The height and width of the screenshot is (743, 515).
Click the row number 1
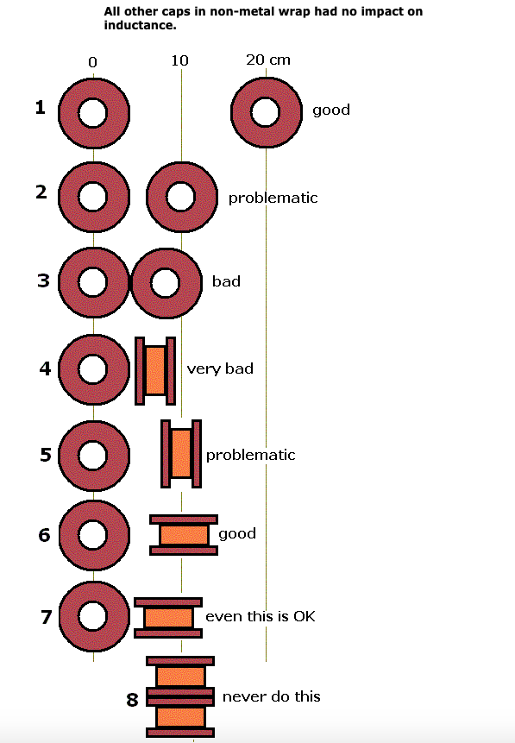pyautogui.click(x=41, y=108)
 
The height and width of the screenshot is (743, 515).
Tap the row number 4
pyautogui.click(x=45, y=368)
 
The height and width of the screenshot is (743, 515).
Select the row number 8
pyautogui.click(x=132, y=699)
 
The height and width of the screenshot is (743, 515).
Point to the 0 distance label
pyautogui.click(x=93, y=62)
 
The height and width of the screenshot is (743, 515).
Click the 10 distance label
pyautogui.click(x=180, y=60)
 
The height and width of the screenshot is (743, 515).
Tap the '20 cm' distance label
pyautogui.click(x=268, y=60)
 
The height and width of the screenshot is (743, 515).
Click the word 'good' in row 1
pyautogui.click(x=331, y=110)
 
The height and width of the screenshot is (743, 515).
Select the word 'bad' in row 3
pyautogui.click(x=227, y=281)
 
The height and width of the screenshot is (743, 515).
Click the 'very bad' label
pyautogui.click(x=220, y=368)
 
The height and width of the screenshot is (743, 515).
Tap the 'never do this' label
pyautogui.click(x=272, y=696)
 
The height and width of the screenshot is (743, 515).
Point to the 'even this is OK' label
pyautogui.click(x=261, y=616)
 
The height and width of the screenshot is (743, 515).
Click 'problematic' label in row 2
pyautogui.click(x=273, y=198)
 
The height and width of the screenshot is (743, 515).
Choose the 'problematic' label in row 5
pyautogui.click(x=251, y=455)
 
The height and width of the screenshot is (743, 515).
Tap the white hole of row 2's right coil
pyautogui.click(x=180, y=197)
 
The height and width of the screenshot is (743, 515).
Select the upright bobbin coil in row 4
pyautogui.click(x=155, y=370)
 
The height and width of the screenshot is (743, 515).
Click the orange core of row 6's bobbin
pyautogui.click(x=184, y=535)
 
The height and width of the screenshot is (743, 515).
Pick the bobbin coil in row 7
pyautogui.click(x=168, y=617)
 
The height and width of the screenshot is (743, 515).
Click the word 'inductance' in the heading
pyautogui.click(x=141, y=25)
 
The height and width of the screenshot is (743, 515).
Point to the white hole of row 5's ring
pyautogui.click(x=93, y=455)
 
